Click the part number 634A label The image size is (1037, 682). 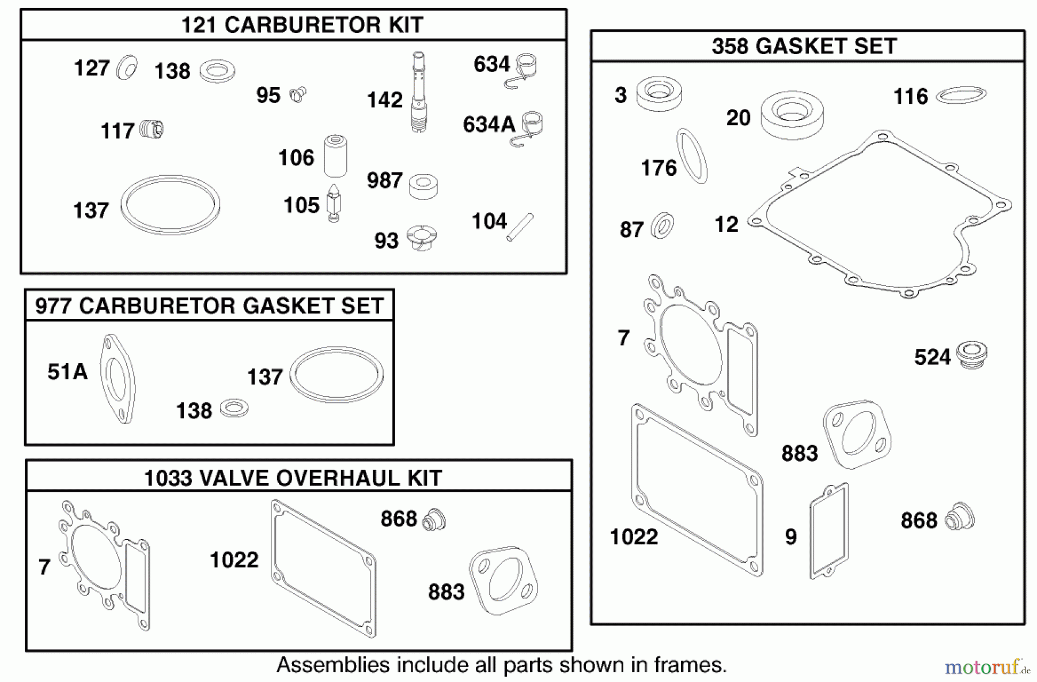point(489,125)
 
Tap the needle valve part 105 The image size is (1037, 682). point(334,203)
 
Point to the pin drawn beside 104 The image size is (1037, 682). point(520,227)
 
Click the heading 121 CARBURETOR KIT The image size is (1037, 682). point(302,25)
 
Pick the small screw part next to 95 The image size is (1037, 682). point(298,94)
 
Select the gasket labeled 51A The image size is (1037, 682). point(118,379)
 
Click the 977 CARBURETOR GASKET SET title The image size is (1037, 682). point(210,306)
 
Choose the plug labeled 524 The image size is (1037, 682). point(971,354)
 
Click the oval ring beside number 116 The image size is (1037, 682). point(961,95)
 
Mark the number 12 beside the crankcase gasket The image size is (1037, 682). point(726,224)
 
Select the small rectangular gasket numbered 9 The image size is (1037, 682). point(829,531)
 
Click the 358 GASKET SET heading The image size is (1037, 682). point(804,46)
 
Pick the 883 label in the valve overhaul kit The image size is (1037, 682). point(446,592)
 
